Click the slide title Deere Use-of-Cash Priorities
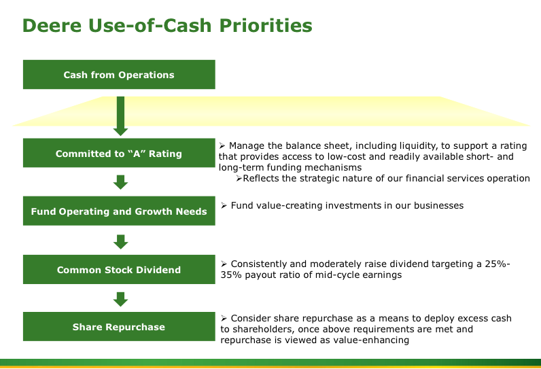click(167, 26)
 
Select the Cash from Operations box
click(119, 75)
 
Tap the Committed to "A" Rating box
click(119, 153)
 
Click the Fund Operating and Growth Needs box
click(119, 211)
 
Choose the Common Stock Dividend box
click(119, 269)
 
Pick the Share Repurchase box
click(119, 327)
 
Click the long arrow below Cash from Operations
click(120, 116)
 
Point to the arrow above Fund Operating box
click(120, 182)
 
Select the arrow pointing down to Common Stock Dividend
click(120, 242)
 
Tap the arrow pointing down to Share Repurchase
click(120, 299)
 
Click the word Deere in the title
click(52, 26)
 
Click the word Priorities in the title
click(266, 26)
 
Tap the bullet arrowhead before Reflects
click(239, 178)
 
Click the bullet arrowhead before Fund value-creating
click(224, 205)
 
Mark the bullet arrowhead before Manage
click(222, 146)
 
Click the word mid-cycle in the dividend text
click(336, 275)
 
